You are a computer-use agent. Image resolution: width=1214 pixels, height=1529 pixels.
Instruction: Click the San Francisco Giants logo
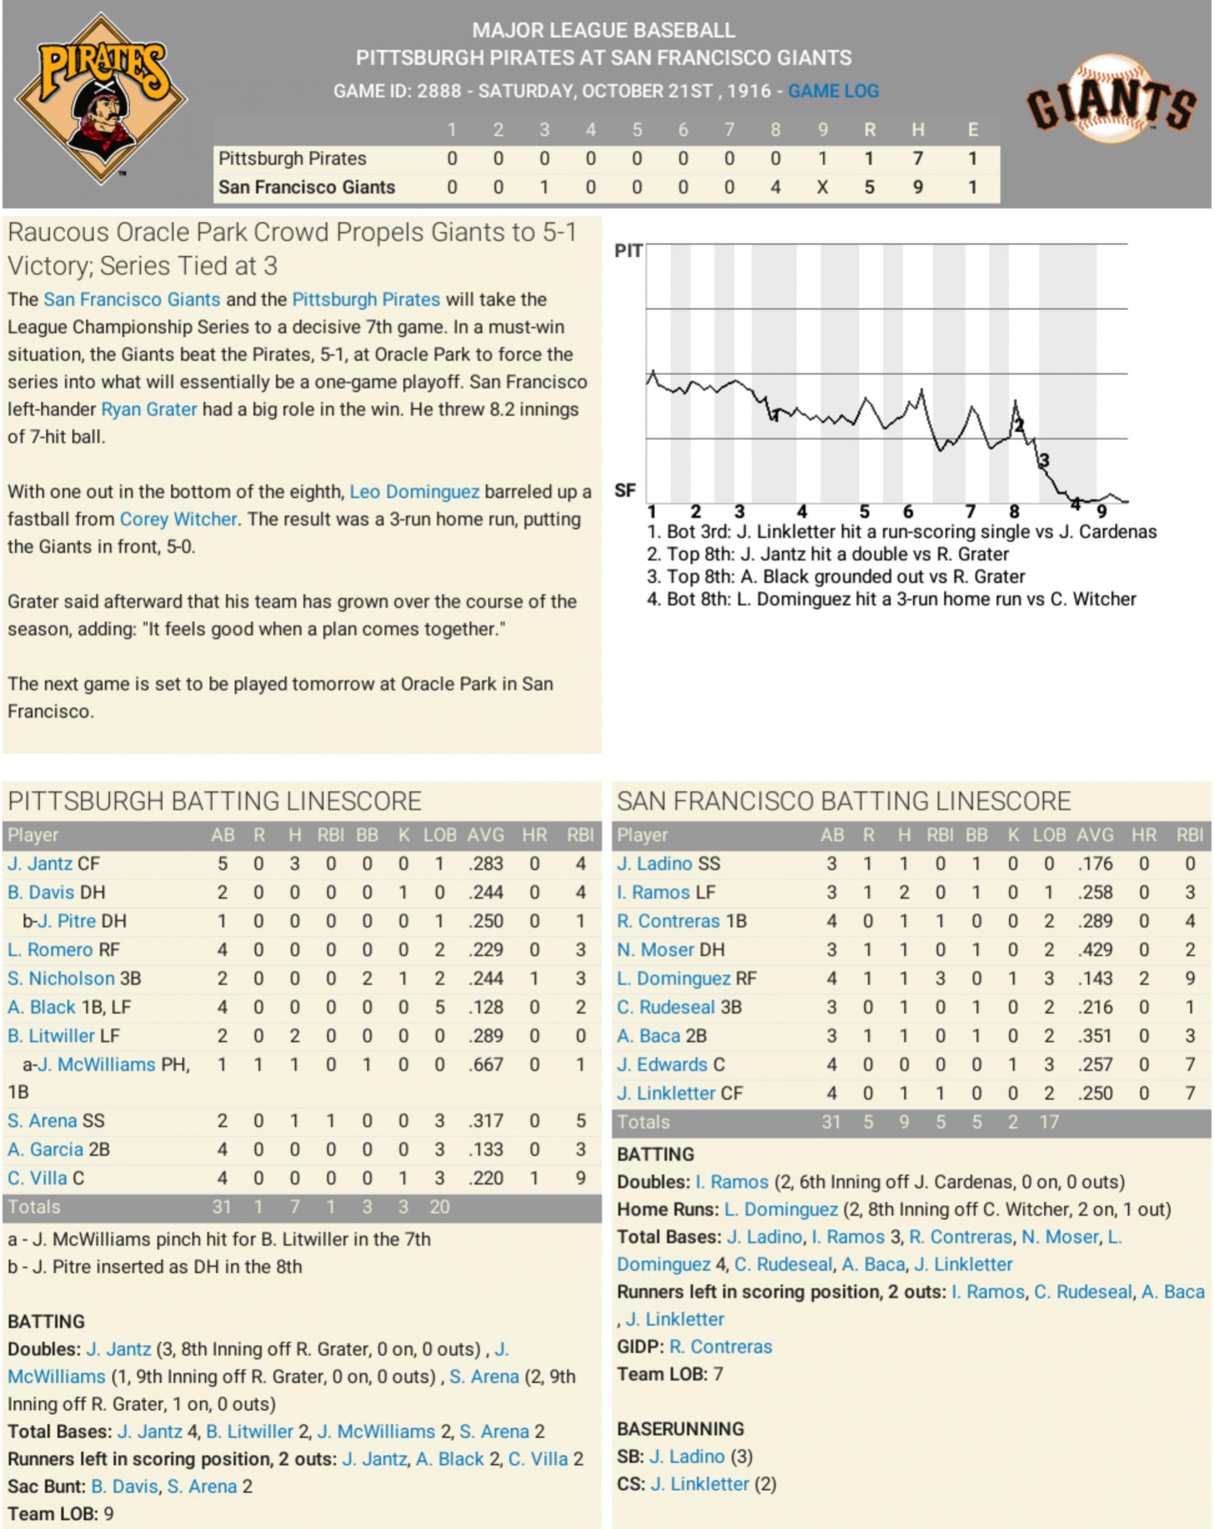tap(1111, 99)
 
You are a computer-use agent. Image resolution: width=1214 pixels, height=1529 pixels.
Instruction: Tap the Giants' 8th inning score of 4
tap(775, 187)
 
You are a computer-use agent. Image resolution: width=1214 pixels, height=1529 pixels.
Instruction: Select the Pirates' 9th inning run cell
tap(822, 158)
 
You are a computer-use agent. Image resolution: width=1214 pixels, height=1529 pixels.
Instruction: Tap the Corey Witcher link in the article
tap(178, 519)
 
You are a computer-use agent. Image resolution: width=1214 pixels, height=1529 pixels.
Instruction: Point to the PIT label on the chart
tap(629, 251)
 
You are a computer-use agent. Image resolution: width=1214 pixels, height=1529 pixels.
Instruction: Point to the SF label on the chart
tap(625, 490)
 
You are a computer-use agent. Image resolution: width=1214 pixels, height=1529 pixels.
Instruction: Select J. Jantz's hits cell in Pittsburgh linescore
tap(294, 864)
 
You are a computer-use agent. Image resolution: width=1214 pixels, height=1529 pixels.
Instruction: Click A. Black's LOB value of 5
tap(440, 1007)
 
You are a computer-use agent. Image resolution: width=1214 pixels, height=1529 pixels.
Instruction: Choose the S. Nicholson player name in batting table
tap(61, 979)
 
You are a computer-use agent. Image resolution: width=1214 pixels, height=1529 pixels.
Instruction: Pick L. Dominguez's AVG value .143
tap(1095, 979)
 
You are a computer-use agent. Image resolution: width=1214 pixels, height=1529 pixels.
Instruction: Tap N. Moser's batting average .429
tap(1095, 950)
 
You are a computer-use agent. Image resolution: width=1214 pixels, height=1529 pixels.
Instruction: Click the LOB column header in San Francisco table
tap(1048, 835)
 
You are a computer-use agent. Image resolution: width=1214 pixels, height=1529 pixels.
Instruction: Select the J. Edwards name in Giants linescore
tap(662, 1064)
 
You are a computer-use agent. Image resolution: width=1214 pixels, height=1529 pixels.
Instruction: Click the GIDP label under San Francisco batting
tap(640, 1347)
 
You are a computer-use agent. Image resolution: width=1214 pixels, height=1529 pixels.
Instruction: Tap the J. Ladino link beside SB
tap(687, 1457)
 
